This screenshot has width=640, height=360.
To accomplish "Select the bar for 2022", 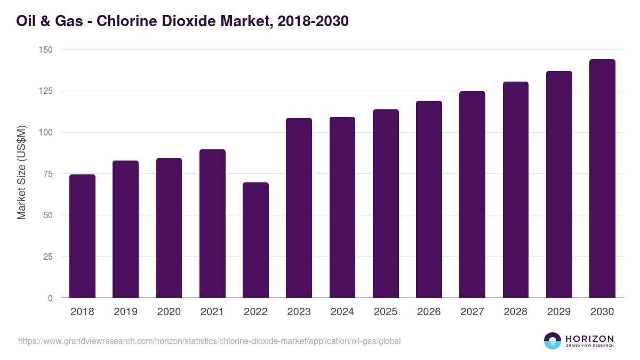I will point(255,240).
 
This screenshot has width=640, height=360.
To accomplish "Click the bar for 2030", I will point(602,179).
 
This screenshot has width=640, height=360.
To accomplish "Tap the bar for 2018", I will point(82,236).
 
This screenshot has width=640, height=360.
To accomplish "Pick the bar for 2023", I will point(299,208).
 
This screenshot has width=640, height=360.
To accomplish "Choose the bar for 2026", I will point(429,199).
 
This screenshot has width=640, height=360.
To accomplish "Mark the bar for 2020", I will point(169,228).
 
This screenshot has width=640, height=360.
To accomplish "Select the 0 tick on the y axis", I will point(50,298).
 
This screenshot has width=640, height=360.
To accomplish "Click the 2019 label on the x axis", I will point(125,312).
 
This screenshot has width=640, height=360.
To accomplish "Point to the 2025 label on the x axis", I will point(386,312).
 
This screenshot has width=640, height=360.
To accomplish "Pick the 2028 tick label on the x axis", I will point(516,312).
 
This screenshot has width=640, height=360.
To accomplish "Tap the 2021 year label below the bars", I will point(212,312).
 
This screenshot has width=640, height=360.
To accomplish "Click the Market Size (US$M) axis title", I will point(21,173).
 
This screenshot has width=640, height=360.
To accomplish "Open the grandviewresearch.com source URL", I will point(209,341).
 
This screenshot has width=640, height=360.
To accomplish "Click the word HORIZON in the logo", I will point(589,338).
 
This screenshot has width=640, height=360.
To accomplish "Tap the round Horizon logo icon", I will point(553,341).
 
